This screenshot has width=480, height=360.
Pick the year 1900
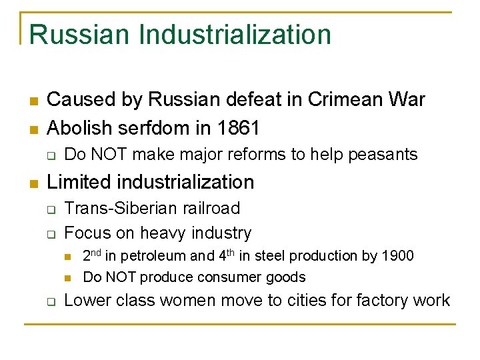point(399,256)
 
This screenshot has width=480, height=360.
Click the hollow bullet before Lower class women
point(50,301)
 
